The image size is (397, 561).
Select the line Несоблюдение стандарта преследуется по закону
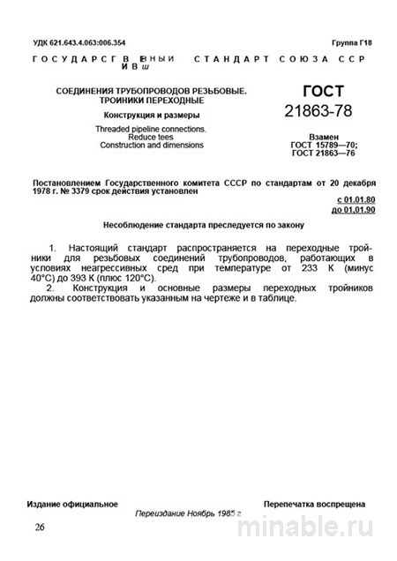198,224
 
